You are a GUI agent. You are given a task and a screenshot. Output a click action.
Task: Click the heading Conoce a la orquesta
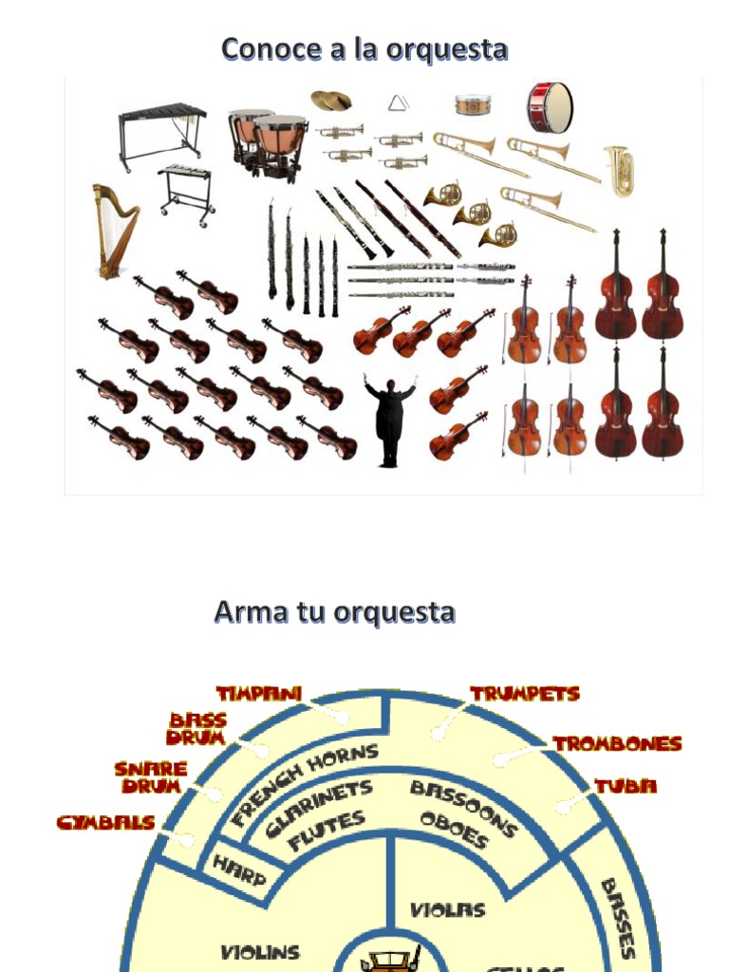pos(364,48)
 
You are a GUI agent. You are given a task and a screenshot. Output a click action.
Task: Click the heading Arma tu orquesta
pos(334,612)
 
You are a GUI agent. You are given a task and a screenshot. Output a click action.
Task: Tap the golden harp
pos(113,231)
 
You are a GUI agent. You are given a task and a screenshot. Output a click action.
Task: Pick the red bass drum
pos(550,107)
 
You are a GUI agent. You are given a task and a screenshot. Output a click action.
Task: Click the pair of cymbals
pos(330,100)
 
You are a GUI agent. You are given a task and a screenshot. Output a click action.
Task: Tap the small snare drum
pos(473,104)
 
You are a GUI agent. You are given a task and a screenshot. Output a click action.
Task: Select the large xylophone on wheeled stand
pos(161,134)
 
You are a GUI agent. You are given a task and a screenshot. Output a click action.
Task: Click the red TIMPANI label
pos(259,694)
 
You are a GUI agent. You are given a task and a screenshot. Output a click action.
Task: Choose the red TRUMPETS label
pos(525,694)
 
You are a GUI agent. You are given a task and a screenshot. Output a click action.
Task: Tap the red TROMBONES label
pos(617,743)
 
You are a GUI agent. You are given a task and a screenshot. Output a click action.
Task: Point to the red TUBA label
pos(626,786)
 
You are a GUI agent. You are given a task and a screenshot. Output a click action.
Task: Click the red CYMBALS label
pos(105,823)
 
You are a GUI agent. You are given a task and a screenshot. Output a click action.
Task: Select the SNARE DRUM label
pos(151,777)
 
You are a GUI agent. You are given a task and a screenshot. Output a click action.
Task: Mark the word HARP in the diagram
pos(238,869)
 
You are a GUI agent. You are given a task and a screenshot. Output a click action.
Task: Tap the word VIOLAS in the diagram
pos(447,909)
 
